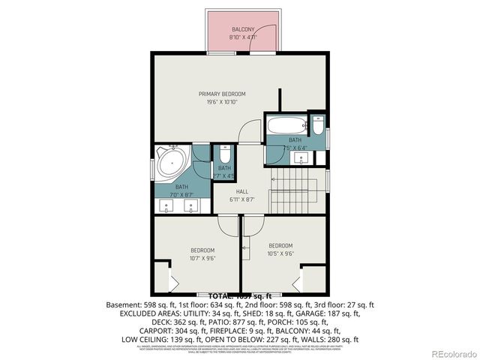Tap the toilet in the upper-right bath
(319, 127)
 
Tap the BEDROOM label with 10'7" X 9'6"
(202, 250)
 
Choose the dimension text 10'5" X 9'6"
(280, 253)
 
